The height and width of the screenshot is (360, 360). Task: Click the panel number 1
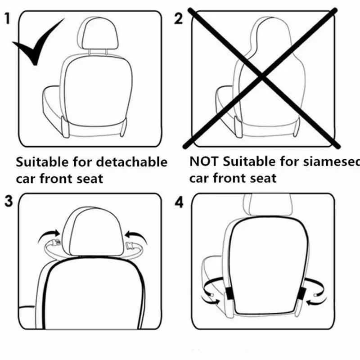point(8,19)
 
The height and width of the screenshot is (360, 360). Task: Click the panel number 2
point(179,19)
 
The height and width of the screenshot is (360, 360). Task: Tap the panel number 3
point(8,201)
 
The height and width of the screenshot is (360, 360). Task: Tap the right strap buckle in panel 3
point(133,247)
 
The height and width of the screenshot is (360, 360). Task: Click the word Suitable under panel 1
point(43,162)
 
